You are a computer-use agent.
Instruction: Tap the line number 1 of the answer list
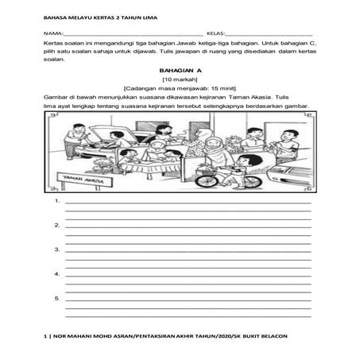point(57,202)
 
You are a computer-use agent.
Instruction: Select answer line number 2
point(57,226)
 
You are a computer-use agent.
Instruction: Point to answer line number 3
point(57,250)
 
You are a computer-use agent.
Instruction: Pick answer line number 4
point(57,273)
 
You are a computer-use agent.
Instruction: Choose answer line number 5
point(57,298)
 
